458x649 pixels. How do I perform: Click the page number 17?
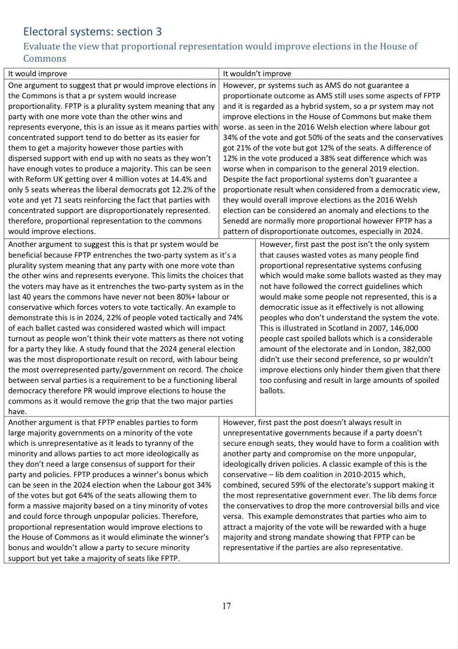[226, 606]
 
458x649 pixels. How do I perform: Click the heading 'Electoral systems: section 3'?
[92, 32]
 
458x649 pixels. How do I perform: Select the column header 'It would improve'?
[37, 74]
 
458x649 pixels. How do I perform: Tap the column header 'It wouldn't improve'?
[257, 74]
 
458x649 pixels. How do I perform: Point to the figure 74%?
[234, 317]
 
